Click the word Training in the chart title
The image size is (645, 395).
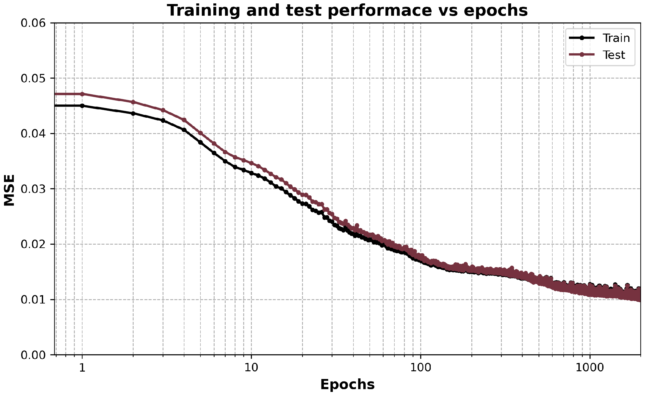tap(203, 10)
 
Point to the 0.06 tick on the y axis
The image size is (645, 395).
tap(33, 23)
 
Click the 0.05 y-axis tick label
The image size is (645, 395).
tap(33, 78)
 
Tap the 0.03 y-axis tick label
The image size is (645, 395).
tap(33, 189)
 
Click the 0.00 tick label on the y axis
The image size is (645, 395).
tap(33, 355)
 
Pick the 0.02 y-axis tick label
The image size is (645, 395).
tap(33, 244)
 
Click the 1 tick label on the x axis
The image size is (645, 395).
tap(82, 368)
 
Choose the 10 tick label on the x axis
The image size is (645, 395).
tap(251, 368)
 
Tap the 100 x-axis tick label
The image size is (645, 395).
tap(421, 368)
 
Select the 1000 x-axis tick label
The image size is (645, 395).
tap(590, 368)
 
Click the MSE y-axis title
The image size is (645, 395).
tap(9, 190)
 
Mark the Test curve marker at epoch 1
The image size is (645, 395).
tap(82, 94)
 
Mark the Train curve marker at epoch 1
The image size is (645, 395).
tap(82, 106)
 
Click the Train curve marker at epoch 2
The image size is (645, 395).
tap(133, 113)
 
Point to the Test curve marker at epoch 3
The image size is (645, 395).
tap(163, 110)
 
